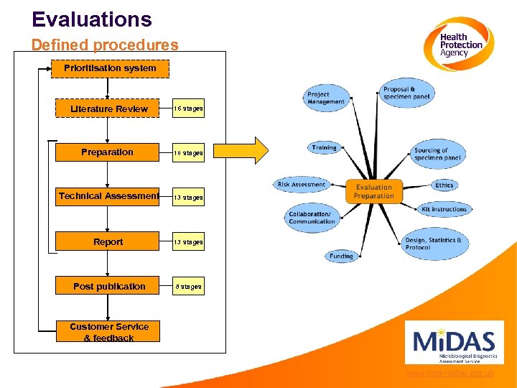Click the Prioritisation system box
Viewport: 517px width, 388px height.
109,68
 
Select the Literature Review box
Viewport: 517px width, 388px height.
108,108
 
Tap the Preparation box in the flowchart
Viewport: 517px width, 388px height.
107,152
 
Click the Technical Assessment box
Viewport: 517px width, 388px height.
108,196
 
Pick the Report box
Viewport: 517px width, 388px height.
108,242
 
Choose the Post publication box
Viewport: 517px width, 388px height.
108,286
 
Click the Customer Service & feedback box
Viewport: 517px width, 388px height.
108,332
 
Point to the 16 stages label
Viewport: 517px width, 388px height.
188,109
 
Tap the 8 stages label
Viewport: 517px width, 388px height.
188,287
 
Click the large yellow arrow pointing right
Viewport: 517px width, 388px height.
241,151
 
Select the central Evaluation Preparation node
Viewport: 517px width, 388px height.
373,191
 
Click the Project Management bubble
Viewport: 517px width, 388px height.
327,98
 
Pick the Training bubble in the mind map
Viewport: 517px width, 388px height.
324,147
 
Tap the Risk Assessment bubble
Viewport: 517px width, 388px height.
302,185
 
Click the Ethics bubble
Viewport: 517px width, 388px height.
444,185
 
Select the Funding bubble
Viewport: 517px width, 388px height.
341,256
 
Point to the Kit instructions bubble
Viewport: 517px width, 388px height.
444,209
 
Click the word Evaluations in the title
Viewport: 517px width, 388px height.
92,19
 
